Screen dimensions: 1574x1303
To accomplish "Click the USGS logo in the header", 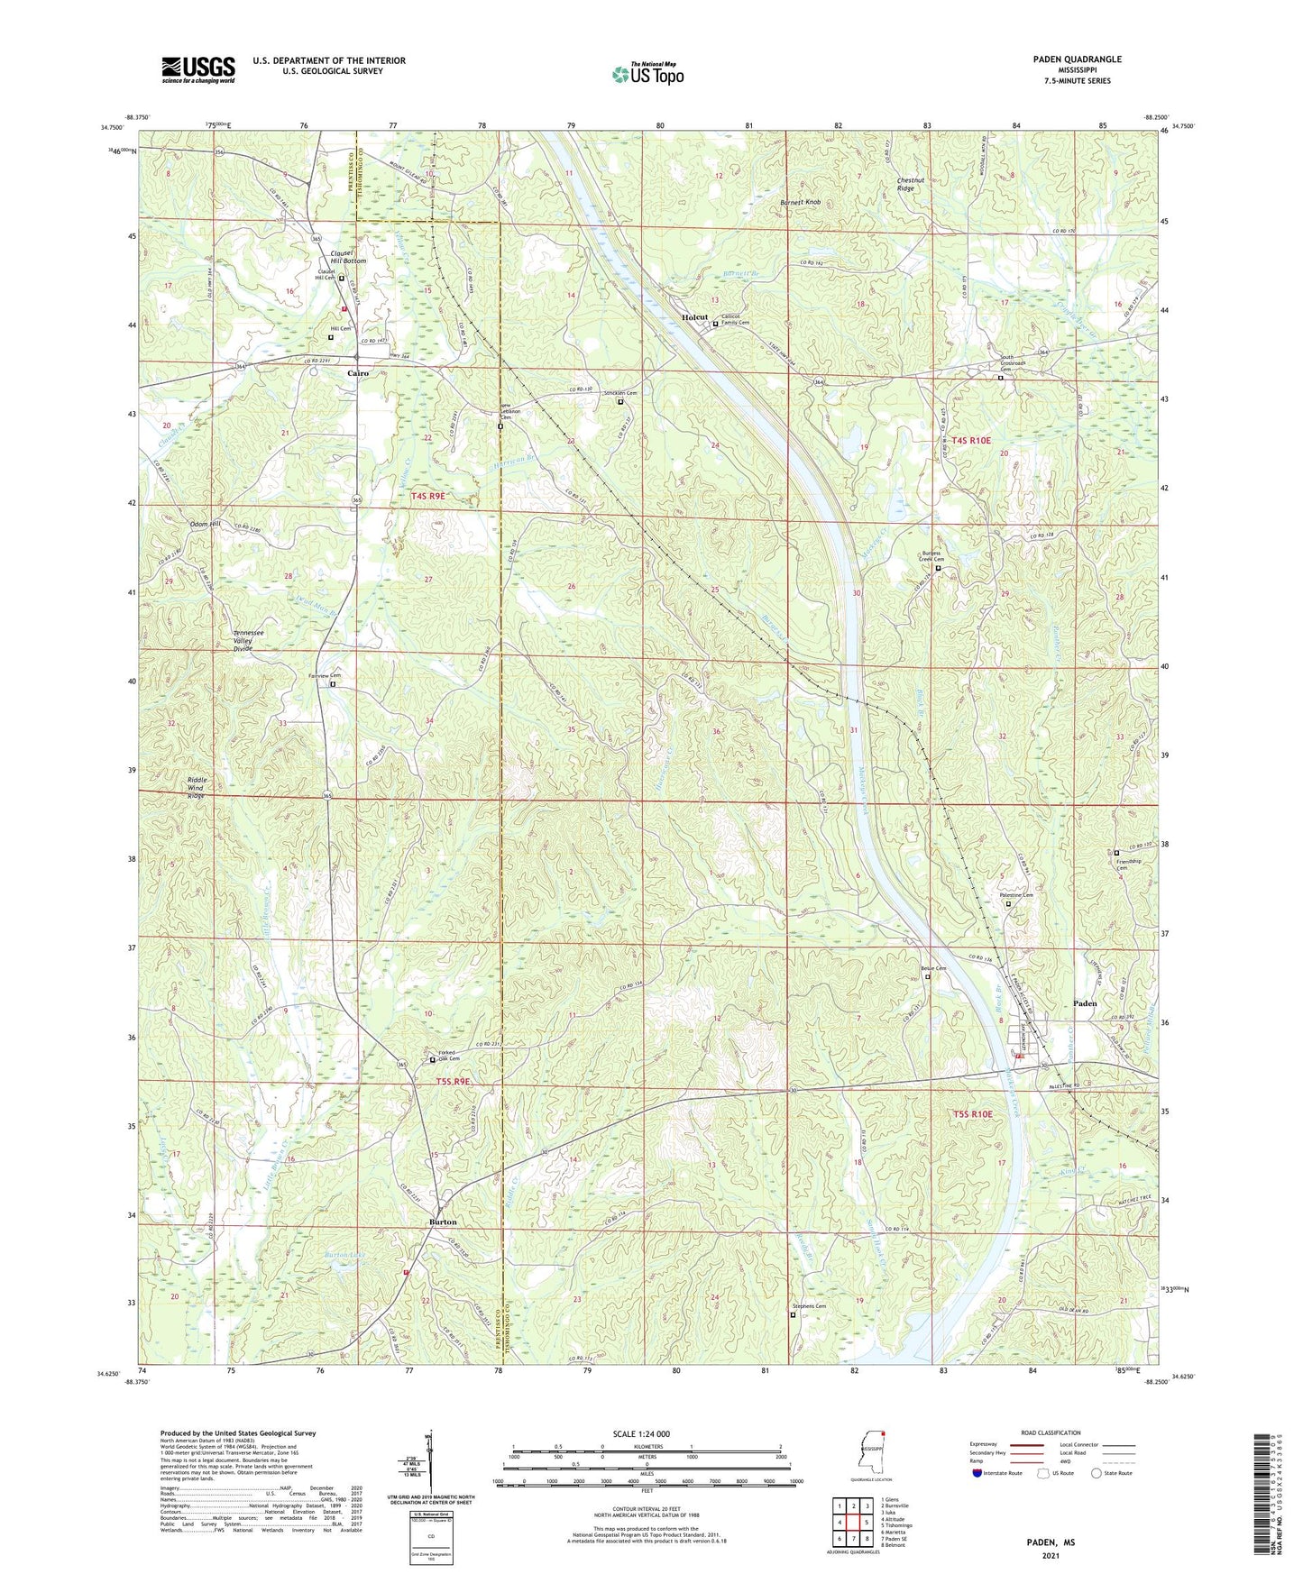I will pyautogui.click(x=197, y=69).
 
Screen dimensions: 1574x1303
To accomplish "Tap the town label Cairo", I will pyautogui.click(x=358, y=373).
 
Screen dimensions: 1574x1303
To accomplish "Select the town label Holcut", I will pyautogui.click(x=694, y=318).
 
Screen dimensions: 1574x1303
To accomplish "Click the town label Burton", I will pyautogui.click(x=443, y=1222).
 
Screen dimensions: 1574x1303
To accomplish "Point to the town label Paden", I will pyautogui.click(x=1085, y=1003).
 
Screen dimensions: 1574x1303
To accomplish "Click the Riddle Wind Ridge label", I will pyautogui.click(x=197, y=787).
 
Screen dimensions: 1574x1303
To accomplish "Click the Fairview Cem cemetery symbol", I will pyautogui.click(x=333, y=685).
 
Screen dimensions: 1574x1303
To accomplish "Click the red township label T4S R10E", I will pyautogui.click(x=970, y=441).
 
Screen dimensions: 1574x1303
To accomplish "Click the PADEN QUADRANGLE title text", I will pyautogui.click(x=1077, y=59).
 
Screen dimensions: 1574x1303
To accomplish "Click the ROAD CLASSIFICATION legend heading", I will pyautogui.click(x=1050, y=1432).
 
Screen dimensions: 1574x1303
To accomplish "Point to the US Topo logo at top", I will pyautogui.click(x=647, y=74).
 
